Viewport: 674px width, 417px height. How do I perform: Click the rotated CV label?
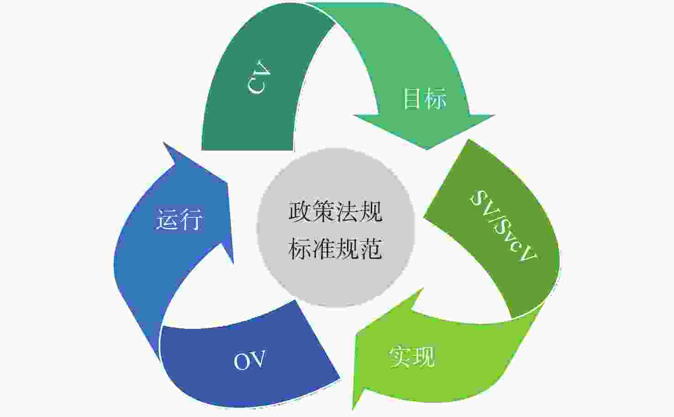pyautogui.click(x=259, y=77)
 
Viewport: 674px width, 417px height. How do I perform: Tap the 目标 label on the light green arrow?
pyautogui.click(x=424, y=98)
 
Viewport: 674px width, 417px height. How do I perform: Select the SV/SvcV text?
pyautogui.click(x=503, y=226)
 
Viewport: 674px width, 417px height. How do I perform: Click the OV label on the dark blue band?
pyautogui.click(x=250, y=360)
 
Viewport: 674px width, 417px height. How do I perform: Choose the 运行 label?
pyautogui.click(x=179, y=219)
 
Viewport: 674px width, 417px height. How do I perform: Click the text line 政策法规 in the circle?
pyautogui.click(x=336, y=212)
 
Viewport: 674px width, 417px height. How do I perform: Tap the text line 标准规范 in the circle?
pyautogui.click(x=336, y=248)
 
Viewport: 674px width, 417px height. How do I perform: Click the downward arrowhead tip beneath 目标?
pyautogui.click(x=427, y=149)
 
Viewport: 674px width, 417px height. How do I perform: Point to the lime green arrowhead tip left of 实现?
pyautogui.click(x=353, y=410)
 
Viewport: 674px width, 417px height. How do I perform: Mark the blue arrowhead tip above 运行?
pyautogui.click(x=163, y=143)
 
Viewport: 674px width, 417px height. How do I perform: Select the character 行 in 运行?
pyautogui.click(x=191, y=219)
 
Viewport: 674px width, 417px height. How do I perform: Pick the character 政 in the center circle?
pyautogui.click(x=300, y=212)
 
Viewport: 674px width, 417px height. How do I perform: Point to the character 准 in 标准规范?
pyautogui.click(x=324, y=248)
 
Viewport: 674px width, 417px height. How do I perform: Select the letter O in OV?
pyautogui.click(x=241, y=361)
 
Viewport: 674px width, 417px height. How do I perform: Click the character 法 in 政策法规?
pyautogui.click(x=348, y=212)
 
